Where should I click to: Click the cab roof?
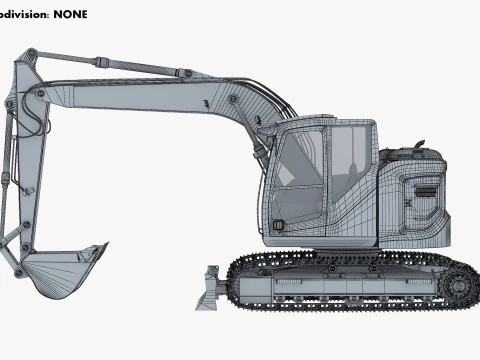[x=330, y=124]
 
